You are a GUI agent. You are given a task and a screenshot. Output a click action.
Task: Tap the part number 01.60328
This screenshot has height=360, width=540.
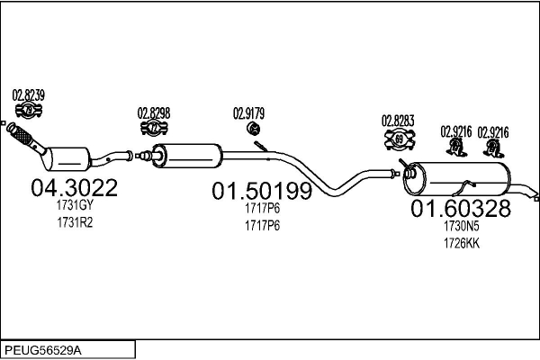(x=461, y=210)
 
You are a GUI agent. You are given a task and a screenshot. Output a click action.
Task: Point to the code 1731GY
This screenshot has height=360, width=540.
(x=74, y=206)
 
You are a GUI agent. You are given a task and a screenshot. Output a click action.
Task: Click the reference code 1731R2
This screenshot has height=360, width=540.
(x=74, y=221)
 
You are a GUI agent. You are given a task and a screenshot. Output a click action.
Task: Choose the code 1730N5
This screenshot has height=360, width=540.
(x=461, y=228)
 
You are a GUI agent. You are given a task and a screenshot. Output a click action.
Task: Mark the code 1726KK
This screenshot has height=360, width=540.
(x=461, y=242)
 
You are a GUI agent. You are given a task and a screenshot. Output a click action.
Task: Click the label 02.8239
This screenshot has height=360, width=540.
(x=28, y=95)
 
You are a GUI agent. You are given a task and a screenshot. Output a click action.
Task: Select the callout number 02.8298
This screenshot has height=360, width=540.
(x=154, y=113)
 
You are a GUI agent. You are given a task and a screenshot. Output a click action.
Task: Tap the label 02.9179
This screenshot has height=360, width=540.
(x=249, y=113)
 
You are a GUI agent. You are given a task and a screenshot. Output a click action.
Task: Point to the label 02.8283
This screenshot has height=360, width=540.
(x=397, y=120)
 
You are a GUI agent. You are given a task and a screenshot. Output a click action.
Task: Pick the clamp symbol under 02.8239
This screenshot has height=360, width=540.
(x=28, y=112)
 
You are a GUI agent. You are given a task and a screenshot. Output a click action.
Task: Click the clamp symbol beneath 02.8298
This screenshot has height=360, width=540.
(x=154, y=129)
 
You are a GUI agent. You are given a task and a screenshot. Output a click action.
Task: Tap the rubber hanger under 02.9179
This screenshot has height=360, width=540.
(x=253, y=131)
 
